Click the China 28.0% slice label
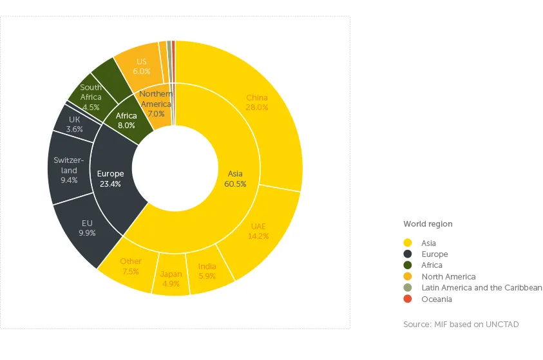257,103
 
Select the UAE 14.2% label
258,231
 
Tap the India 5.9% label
207,271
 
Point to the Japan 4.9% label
171,279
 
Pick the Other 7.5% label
131,267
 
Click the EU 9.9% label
87,228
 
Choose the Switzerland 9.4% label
69,170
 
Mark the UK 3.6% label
75,124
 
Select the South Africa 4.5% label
91,97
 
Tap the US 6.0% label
142,66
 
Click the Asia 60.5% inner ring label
235,178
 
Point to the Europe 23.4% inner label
110,178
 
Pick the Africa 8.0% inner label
126,121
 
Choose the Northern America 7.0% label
156,104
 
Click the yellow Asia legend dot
408,243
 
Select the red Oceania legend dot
408,299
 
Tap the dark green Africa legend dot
408,265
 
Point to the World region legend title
428,224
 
